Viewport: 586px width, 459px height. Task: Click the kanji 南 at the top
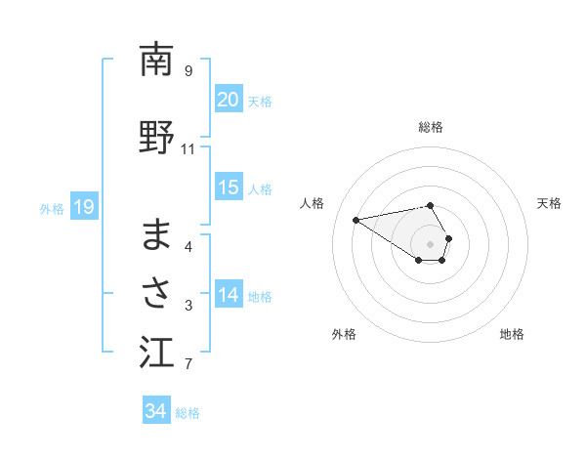156,61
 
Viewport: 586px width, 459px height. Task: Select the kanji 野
156,138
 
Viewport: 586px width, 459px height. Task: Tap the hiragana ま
156,234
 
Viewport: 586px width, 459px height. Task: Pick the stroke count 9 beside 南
188,70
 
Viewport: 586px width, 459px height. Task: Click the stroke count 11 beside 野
188,149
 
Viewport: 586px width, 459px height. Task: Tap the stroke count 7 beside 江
188,365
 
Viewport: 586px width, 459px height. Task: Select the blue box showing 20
228,100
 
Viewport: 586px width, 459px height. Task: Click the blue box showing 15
228,188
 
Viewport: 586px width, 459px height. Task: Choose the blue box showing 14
228,296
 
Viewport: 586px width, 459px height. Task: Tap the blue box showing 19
83,207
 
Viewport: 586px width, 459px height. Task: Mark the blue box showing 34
155,412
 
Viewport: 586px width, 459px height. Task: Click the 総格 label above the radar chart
431,127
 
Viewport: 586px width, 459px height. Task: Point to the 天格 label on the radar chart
550,203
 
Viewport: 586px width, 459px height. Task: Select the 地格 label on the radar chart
512,334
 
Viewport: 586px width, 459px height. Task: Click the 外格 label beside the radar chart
344,334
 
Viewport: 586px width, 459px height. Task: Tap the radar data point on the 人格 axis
356,219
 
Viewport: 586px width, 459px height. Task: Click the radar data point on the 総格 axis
431,205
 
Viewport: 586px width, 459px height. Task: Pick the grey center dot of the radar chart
431,243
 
